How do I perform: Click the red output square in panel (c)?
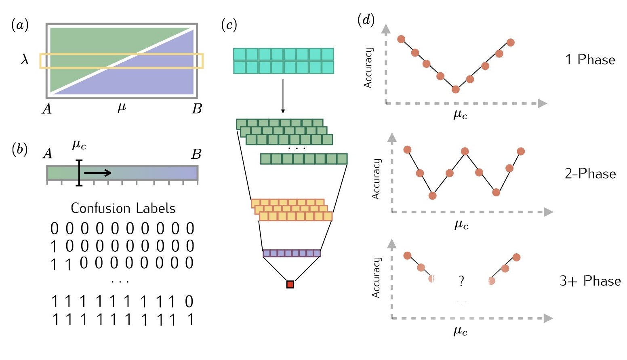(290, 284)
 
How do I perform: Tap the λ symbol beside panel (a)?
(25, 60)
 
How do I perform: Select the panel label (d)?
(366, 20)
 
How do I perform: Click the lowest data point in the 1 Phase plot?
(456, 89)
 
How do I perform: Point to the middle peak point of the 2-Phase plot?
(465, 152)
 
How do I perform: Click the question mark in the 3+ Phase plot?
(461, 281)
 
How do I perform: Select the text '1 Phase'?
(590, 60)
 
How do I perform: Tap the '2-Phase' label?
(590, 174)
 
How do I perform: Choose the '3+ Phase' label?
(590, 281)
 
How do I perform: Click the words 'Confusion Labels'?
(123, 208)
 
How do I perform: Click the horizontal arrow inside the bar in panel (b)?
(97, 173)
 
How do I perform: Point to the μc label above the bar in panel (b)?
(79, 145)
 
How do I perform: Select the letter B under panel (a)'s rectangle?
(196, 109)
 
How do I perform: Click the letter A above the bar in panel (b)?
(47, 154)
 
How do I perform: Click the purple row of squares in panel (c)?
(291, 253)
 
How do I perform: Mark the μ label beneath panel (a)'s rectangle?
(122, 107)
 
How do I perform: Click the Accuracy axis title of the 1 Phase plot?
(368, 67)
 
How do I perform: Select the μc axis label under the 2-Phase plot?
(461, 225)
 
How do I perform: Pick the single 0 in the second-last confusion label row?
(189, 302)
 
